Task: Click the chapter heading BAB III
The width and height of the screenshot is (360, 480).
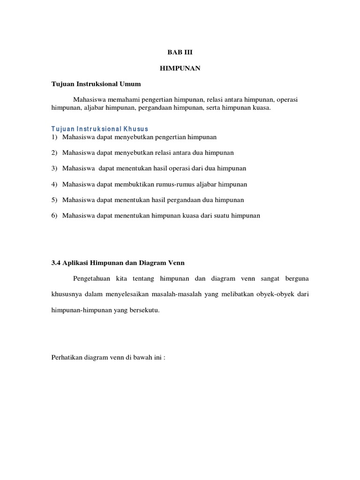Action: point(180,53)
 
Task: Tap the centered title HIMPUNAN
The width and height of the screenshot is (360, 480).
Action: point(180,68)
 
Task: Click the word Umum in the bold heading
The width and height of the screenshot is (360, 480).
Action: point(131,84)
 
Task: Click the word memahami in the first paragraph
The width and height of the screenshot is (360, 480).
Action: point(123,100)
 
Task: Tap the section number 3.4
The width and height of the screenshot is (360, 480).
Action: point(56,262)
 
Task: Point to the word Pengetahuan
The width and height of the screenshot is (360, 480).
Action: point(91,278)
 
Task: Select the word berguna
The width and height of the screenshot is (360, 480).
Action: point(294,278)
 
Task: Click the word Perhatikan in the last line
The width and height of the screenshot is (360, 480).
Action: point(67,358)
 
